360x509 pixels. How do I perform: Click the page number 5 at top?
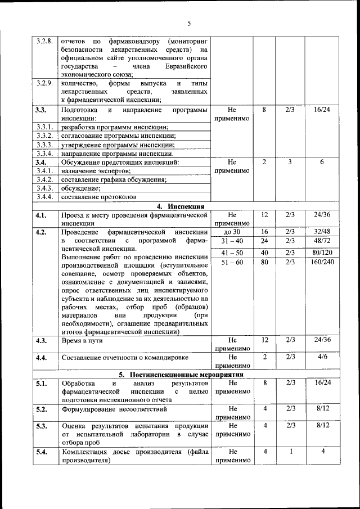pos(189,23)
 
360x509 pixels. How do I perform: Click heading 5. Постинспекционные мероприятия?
pos(181,374)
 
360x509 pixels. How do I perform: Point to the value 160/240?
pos(322,262)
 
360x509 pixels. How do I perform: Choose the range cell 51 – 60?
pos(232,262)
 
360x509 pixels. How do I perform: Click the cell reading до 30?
pos(232,232)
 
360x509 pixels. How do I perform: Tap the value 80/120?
pos(322,252)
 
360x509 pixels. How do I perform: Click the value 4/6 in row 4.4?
pos(322,357)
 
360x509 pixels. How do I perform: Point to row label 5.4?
pos(40,452)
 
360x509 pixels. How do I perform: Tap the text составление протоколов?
pos(99,197)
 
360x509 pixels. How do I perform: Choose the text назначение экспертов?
pos(96,170)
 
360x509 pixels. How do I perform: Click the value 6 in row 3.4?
pos(322,162)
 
